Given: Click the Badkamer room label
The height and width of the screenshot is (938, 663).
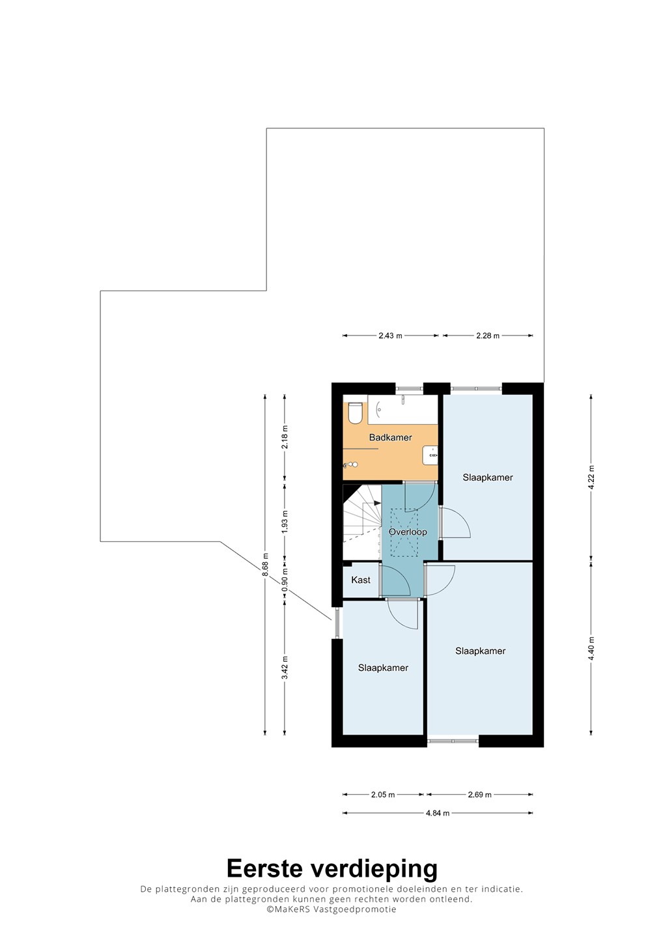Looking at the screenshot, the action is coord(390,438).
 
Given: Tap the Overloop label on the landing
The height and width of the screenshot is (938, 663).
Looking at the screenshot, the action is coord(408,532).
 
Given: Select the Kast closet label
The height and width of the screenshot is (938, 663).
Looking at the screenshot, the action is coord(361,580).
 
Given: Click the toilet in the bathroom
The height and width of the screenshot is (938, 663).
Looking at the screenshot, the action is coord(355,413).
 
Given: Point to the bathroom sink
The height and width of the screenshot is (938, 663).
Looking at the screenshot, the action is coord(430,455).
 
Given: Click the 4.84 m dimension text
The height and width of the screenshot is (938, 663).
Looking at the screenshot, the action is coord(438,813).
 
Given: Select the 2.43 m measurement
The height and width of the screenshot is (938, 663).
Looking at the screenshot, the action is coord(390,335).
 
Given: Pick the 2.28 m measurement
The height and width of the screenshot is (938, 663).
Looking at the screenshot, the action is coord(488,335).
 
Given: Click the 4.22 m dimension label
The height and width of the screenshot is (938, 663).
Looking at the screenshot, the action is coord(591,477).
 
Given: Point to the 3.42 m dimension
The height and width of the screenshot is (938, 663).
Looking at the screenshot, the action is coord(285,668).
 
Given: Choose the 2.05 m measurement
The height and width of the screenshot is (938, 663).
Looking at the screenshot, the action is coord(383,795).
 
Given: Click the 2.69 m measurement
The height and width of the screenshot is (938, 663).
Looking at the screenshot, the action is coord(480,795).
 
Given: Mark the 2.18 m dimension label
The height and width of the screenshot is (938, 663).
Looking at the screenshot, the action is coord(285,437).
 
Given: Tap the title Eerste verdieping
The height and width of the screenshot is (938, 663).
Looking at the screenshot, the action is coord(332,868).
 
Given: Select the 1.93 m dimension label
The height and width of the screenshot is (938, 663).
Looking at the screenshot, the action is coord(285,522).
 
